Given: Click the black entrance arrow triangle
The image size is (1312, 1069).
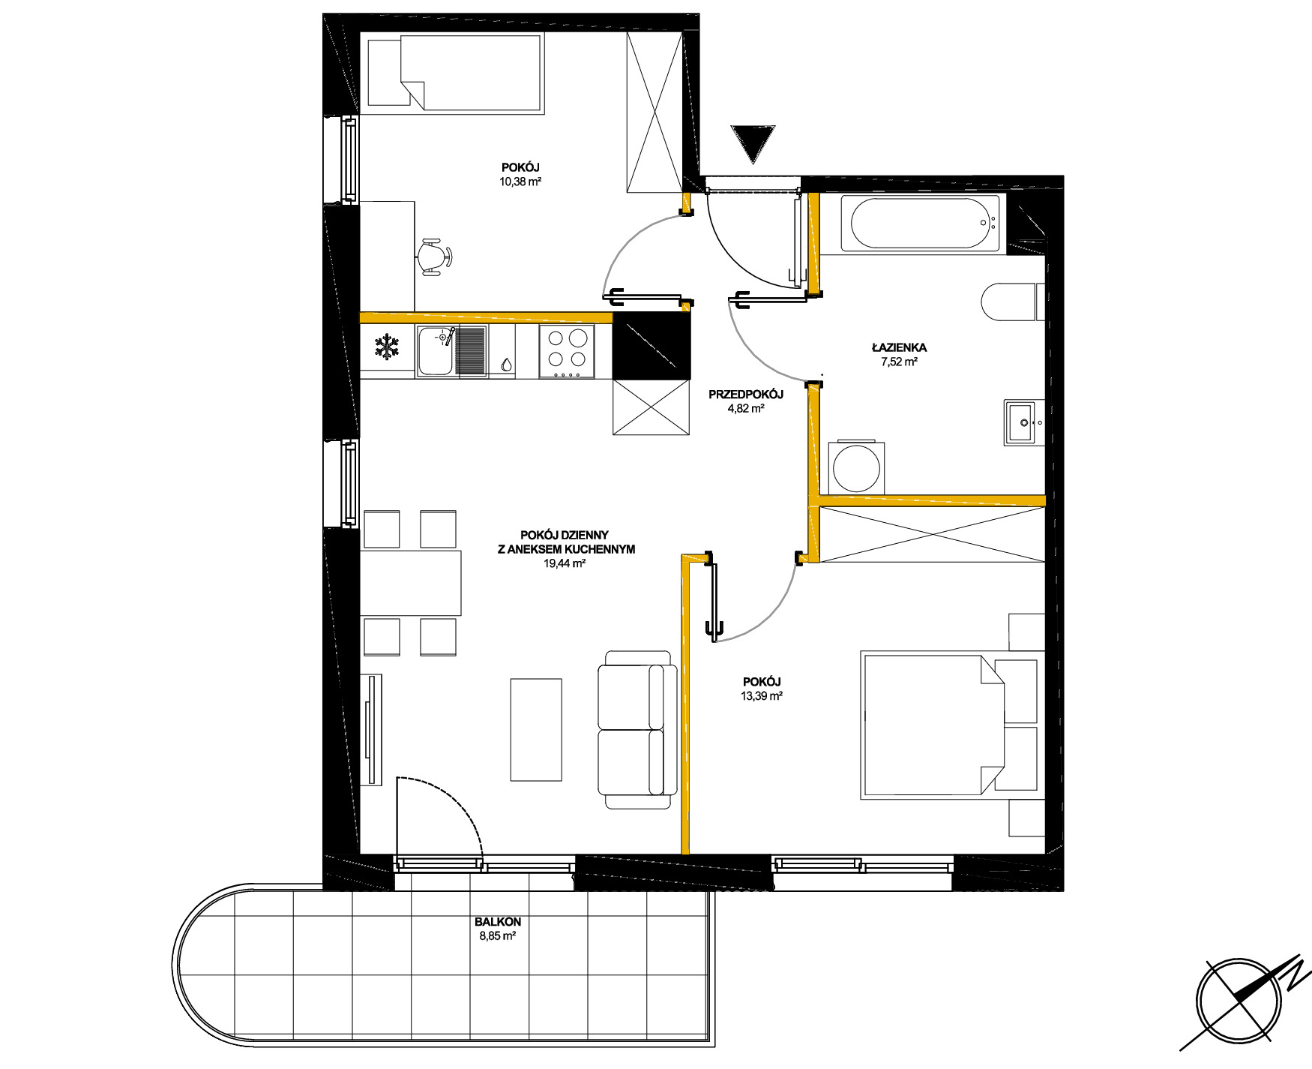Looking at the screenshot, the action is [x=753, y=143].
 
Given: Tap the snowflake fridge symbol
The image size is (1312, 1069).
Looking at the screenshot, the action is [x=387, y=347].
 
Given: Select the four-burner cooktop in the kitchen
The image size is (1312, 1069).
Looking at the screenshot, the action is [x=567, y=351].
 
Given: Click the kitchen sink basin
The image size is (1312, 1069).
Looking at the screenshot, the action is [x=436, y=351].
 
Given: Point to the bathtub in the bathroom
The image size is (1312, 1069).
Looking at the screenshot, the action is [x=921, y=223].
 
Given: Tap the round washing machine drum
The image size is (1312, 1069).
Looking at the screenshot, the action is [x=856, y=469].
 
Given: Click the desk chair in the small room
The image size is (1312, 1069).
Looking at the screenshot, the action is [x=433, y=257].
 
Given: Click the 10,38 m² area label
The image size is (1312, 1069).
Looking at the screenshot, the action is [x=520, y=182].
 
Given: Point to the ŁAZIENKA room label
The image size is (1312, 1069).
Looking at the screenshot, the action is [x=899, y=347].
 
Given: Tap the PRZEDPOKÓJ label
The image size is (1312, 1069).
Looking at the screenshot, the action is [x=746, y=395].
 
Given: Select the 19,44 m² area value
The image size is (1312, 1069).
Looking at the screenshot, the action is [x=565, y=563].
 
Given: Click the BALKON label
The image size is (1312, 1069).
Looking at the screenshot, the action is [x=498, y=922].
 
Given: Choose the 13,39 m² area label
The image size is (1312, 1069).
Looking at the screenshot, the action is [x=762, y=695].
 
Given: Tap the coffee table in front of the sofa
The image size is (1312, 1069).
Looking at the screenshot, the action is [x=536, y=730].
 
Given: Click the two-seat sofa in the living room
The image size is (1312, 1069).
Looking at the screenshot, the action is [x=637, y=729].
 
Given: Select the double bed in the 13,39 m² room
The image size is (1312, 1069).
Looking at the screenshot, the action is [x=952, y=725].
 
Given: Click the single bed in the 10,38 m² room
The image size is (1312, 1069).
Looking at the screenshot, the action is [x=454, y=73].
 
